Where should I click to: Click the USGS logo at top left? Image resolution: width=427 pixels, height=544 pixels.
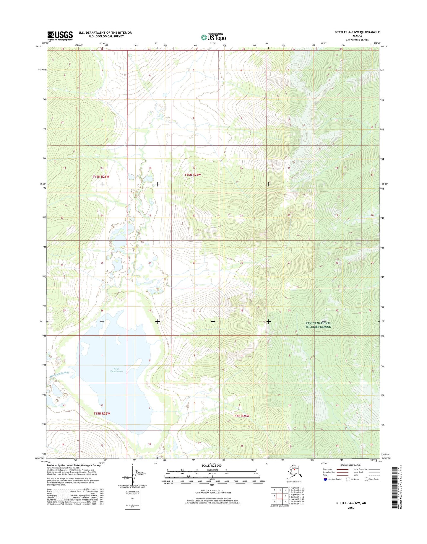pyautogui.click(x=60, y=36)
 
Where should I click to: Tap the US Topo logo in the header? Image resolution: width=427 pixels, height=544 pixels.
pyautogui.click(x=213, y=37)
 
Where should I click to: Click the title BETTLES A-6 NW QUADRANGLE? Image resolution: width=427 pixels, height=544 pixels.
pyautogui.click(x=357, y=32)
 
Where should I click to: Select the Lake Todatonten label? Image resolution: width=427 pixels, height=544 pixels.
pyautogui.click(x=116, y=370)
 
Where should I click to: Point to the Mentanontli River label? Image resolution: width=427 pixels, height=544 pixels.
pyautogui.click(x=59, y=373)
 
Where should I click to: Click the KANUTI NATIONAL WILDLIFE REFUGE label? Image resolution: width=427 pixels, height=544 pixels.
pyautogui.click(x=318, y=325)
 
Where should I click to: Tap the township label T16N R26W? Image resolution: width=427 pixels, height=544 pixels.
pyautogui.click(x=101, y=177)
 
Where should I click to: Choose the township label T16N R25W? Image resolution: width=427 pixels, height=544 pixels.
pyautogui.click(x=192, y=175)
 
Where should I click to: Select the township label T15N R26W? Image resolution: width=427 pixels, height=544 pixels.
pyautogui.click(x=101, y=413)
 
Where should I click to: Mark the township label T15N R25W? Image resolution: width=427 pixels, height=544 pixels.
pyautogui.click(x=241, y=416)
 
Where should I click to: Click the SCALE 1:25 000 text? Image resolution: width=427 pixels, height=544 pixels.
pyautogui.click(x=211, y=466)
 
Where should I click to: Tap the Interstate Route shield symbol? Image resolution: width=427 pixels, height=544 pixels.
pyautogui.click(x=326, y=479)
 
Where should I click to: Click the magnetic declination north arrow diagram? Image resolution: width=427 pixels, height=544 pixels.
pyautogui.click(x=132, y=475)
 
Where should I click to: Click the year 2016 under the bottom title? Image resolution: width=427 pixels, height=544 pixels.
pyautogui.click(x=350, y=508)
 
